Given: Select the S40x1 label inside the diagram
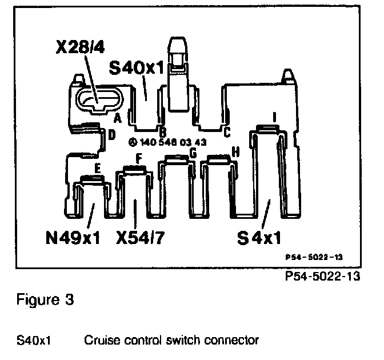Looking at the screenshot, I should [137, 70].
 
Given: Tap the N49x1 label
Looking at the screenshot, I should [73, 235].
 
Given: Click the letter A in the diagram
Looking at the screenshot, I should [117, 119].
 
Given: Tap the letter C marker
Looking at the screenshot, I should [227, 133].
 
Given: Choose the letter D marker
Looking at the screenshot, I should [111, 135].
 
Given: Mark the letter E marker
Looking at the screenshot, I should [98, 169].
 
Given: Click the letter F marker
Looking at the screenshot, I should [137, 157].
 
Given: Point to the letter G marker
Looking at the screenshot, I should [193, 153].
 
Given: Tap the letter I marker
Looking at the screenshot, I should [275, 117].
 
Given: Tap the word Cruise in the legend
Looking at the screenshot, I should [100, 341].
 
